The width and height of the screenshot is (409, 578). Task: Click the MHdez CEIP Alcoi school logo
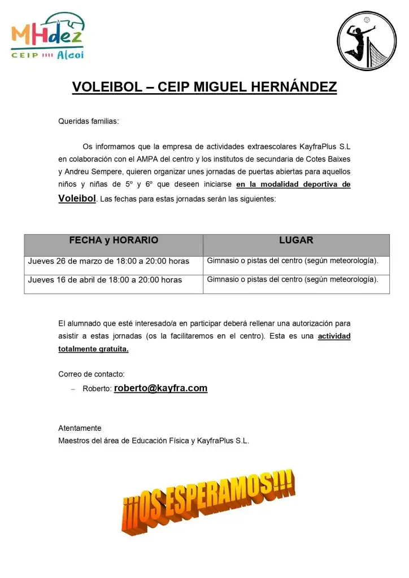click(x=47, y=36)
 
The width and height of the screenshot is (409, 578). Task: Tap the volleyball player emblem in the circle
click(x=367, y=41)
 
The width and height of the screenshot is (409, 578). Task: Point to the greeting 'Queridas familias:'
click(x=89, y=121)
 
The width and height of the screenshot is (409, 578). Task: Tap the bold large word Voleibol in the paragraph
click(x=77, y=198)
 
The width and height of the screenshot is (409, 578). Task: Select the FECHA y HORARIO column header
click(x=114, y=240)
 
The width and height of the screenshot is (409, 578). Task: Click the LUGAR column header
click(x=296, y=240)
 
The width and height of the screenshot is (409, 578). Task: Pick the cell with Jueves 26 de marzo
click(x=108, y=261)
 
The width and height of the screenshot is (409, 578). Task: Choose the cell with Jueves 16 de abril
click(x=105, y=280)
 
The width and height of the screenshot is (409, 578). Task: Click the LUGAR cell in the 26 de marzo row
click(x=293, y=261)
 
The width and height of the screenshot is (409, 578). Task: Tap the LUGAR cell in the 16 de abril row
click(x=293, y=279)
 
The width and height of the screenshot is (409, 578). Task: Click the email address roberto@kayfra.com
click(x=160, y=388)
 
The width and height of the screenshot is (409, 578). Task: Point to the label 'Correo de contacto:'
click(x=92, y=374)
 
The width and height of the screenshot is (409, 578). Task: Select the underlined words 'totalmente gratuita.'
click(x=94, y=349)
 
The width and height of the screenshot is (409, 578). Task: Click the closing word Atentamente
click(x=80, y=428)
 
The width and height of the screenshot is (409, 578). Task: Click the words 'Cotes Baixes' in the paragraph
click(x=328, y=159)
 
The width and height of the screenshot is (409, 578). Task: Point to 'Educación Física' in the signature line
click(x=161, y=441)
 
